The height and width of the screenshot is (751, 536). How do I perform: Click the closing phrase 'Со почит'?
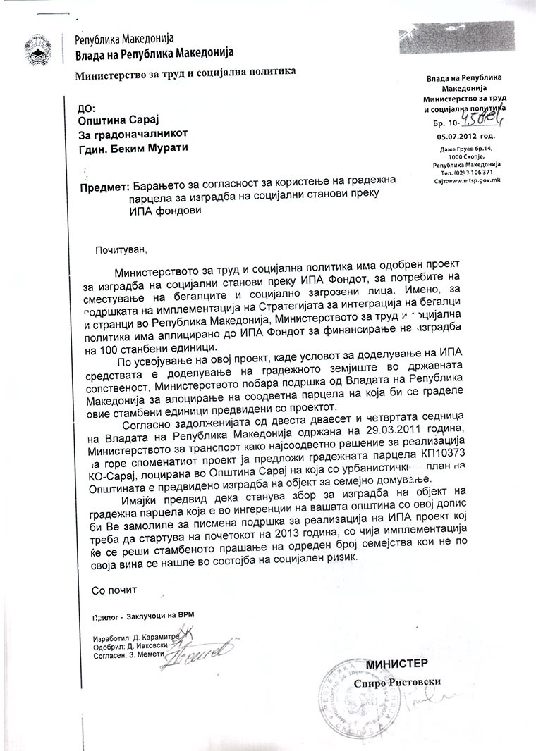point(111,588)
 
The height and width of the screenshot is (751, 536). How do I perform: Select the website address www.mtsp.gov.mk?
point(467,180)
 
